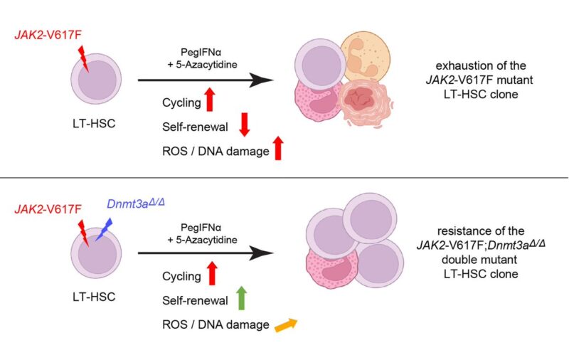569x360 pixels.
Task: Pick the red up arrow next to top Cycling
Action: (210, 100)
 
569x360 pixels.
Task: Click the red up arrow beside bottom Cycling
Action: (210, 273)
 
